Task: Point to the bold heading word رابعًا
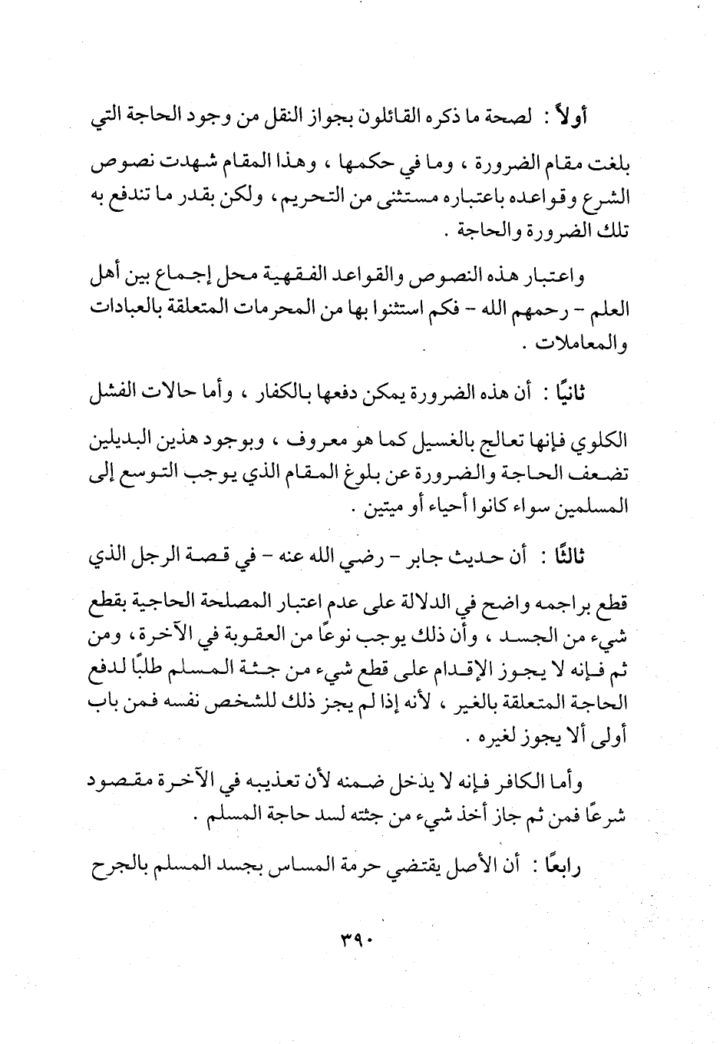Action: pos(601,867)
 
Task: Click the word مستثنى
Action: pos(392,197)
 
